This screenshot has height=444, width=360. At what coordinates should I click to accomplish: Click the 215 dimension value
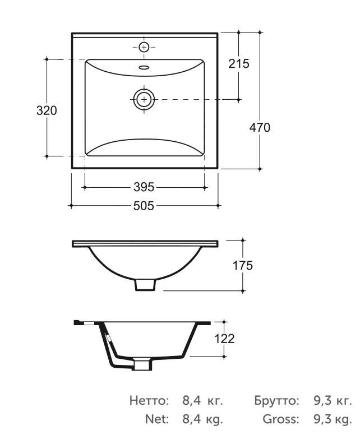239,64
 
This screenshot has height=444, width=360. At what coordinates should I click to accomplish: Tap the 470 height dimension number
260,128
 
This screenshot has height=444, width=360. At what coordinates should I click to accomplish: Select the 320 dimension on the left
47,110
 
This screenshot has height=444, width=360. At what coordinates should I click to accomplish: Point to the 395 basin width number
144,187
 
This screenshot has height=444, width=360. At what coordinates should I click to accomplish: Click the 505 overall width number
144,206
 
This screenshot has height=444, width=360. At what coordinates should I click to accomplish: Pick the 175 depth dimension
243,266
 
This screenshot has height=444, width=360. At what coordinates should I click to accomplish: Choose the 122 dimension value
225,339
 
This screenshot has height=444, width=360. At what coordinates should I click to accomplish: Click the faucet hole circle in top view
144,47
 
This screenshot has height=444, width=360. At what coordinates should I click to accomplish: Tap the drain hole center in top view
145,99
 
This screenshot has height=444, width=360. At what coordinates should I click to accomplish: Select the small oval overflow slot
144,67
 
